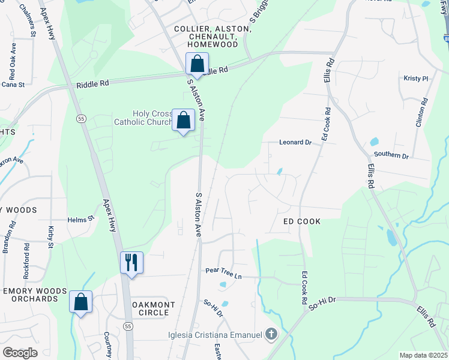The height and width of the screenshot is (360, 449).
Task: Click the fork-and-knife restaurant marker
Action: [x=131, y=263]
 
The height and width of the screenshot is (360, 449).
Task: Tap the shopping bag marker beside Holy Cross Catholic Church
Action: [x=184, y=120]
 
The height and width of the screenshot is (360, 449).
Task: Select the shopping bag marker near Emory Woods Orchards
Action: [x=80, y=302]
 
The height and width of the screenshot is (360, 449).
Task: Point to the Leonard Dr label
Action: [x=295, y=143]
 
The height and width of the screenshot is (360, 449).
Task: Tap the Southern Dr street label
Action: [x=391, y=155]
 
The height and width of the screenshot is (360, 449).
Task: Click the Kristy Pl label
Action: [x=415, y=79]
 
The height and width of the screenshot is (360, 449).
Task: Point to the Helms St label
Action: [x=81, y=220]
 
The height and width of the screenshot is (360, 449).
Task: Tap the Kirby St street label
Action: [x=50, y=237]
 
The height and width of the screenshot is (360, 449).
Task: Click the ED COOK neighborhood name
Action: [x=302, y=221]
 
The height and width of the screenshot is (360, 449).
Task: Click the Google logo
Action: [x=20, y=353]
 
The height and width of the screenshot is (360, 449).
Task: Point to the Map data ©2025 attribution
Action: [x=423, y=355]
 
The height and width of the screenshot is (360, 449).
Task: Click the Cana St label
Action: [x=13, y=85]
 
